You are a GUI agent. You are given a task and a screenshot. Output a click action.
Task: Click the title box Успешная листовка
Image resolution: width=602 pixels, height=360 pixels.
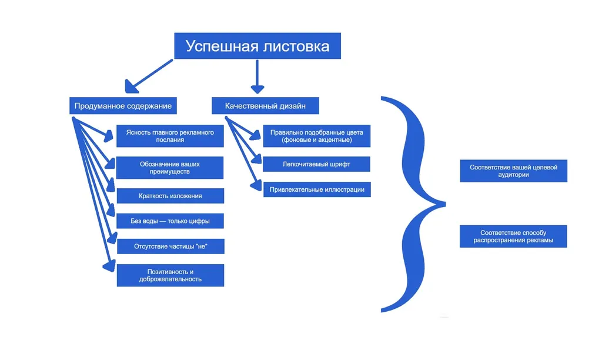pyautogui.click(x=257, y=46)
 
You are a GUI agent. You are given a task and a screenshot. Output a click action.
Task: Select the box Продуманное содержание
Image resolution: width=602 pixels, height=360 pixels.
pyautogui.click(x=123, y=106)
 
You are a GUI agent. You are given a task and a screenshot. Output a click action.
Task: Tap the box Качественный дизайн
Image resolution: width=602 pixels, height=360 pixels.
pyautogui.click(x=266, y=106)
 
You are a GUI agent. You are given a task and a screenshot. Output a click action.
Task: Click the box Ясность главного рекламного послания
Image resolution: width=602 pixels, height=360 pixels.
pyautogui.click(x=170, y=136)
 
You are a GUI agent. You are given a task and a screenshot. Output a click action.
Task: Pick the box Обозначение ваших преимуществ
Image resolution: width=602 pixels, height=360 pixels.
pyautogui.click(x=170, y=168)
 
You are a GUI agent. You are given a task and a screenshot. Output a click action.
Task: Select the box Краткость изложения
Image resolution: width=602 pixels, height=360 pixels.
pyautogui.click(x=170, y=196)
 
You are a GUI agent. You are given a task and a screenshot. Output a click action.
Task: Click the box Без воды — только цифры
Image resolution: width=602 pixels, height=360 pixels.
pyautogui.click(x=170, y=222)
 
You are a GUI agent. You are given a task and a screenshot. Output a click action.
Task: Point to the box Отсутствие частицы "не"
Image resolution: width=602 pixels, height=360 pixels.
pyautogui.click(x=170, y=246)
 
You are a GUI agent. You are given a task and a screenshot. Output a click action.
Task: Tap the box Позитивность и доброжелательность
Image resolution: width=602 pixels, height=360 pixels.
pyautogui.click(x=170, y=275)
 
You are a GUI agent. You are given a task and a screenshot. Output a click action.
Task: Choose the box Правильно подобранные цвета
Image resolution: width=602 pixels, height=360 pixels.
pyautogui.click(x=316, y=136)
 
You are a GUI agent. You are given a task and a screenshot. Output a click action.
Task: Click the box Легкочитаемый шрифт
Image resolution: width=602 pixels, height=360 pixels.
pyautogui.click(x=316, y=164)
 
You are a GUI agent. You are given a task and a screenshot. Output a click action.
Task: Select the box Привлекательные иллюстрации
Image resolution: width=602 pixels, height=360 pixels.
pyautogui.click(x=316, y=189)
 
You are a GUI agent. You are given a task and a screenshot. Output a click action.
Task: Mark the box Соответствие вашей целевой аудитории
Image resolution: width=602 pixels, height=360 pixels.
pyautogui.click(x=513, y=171)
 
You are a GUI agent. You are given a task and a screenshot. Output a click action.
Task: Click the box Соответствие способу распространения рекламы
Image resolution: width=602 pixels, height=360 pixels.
pyautogui.click(x=513, y=236)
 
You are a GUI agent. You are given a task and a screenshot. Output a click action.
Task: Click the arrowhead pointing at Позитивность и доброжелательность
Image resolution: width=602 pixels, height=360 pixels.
pyautogui.click(x=109, y=267)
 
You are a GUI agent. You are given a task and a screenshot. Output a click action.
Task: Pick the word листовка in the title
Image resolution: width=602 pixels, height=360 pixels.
pyautogui.click(x=295, y=46)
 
